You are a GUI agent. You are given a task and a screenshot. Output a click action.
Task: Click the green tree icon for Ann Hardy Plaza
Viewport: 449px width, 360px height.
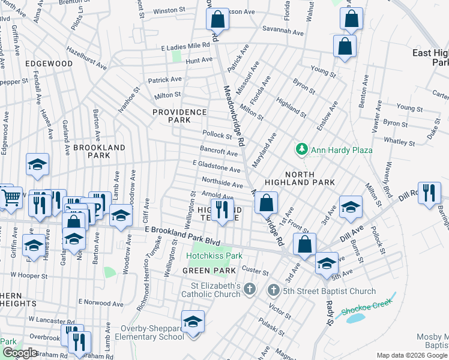click(x=301, y=149)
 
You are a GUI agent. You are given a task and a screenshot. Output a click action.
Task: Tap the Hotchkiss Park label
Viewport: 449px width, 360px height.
click(x=214, y=256)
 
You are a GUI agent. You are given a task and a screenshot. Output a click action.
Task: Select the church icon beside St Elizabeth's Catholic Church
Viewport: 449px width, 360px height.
click(x=251, y=290)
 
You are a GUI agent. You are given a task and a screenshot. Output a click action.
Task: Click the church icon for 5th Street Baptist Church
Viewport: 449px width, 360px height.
click(x=273, y=291)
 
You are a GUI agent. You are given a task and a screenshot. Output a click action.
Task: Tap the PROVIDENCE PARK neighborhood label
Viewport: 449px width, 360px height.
click(x=179, y=116)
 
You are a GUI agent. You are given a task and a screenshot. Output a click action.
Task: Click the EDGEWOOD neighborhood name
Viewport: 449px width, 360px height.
click(x=49, y=63)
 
